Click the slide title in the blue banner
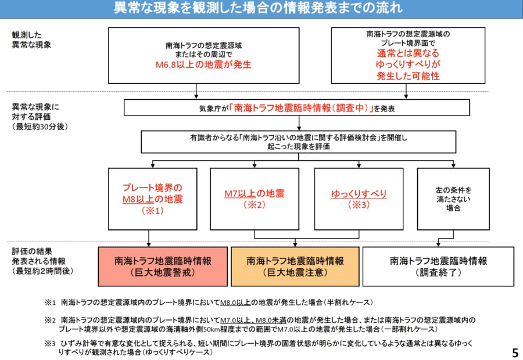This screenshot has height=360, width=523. pyautogui.click(x=261, y=9)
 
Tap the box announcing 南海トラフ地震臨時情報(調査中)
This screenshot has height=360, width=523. pyautogui.click(x=297, y=107)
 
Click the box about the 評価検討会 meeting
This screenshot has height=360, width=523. pyautogui.click(x=297, y=142)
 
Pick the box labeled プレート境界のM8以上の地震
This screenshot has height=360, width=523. pyautogui.click(x=152, y=199)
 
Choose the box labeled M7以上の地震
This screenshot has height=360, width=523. pyautogui.click(x=255, y=199)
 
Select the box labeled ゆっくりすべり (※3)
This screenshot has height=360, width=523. pyautogui.click(x=359, y=199)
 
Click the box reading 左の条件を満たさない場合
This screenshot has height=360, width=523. pyautogui.click(x=453, y=199)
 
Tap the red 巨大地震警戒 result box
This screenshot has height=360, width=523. pyautogui.click(x=163, y=266)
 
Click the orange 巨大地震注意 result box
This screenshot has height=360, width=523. pyautogui.click(x=295, y=266)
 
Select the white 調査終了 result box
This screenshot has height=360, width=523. pyautogui.click(x=438, y=266)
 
